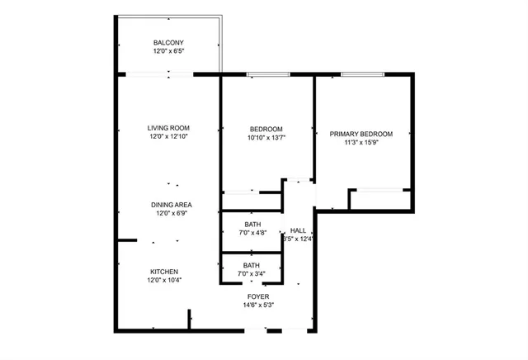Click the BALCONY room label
coord(168,43)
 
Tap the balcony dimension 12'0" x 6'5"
coord(168,52)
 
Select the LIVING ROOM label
coord(168,128)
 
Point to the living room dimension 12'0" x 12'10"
coord(168,137)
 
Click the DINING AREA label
coord(171,205)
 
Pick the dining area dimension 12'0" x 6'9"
coord(171,214)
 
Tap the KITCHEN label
coord(163,272)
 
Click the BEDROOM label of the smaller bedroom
coord(266,129)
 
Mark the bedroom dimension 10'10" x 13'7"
coord(266,138)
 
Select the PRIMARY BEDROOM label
coord(361,134)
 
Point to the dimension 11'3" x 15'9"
coord(361,143)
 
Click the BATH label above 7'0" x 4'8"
coord(252,224)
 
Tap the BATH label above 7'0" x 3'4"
coord(252,265)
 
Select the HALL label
coord(298,231)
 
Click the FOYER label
coord(258,296)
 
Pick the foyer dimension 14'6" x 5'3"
coord(258,306)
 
